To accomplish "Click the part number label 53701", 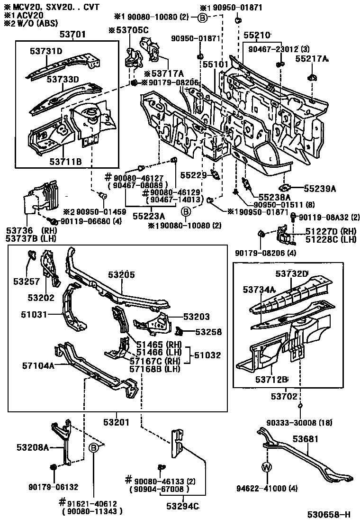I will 72,34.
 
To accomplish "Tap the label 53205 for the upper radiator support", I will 121,274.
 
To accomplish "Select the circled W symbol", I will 267,468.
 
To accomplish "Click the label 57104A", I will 38,365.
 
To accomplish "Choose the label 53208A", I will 33,447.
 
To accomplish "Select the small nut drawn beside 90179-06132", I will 53,467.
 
